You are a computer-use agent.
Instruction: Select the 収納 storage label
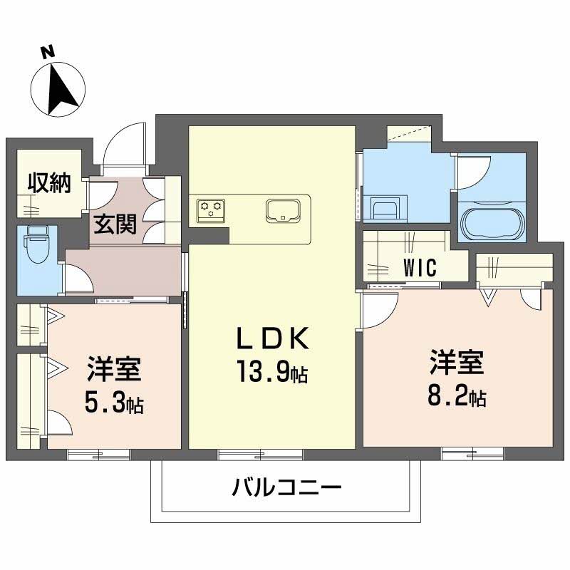pos(49,184)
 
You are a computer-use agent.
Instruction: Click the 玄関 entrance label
pos(114,226)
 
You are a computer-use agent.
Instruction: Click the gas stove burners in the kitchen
pos(211,209)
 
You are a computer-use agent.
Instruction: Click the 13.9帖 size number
pos(271,374)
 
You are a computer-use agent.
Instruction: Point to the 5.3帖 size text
pos(114,403)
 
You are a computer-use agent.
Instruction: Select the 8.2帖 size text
pos(457,396)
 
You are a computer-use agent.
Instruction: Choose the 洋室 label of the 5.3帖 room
pos(114,370)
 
